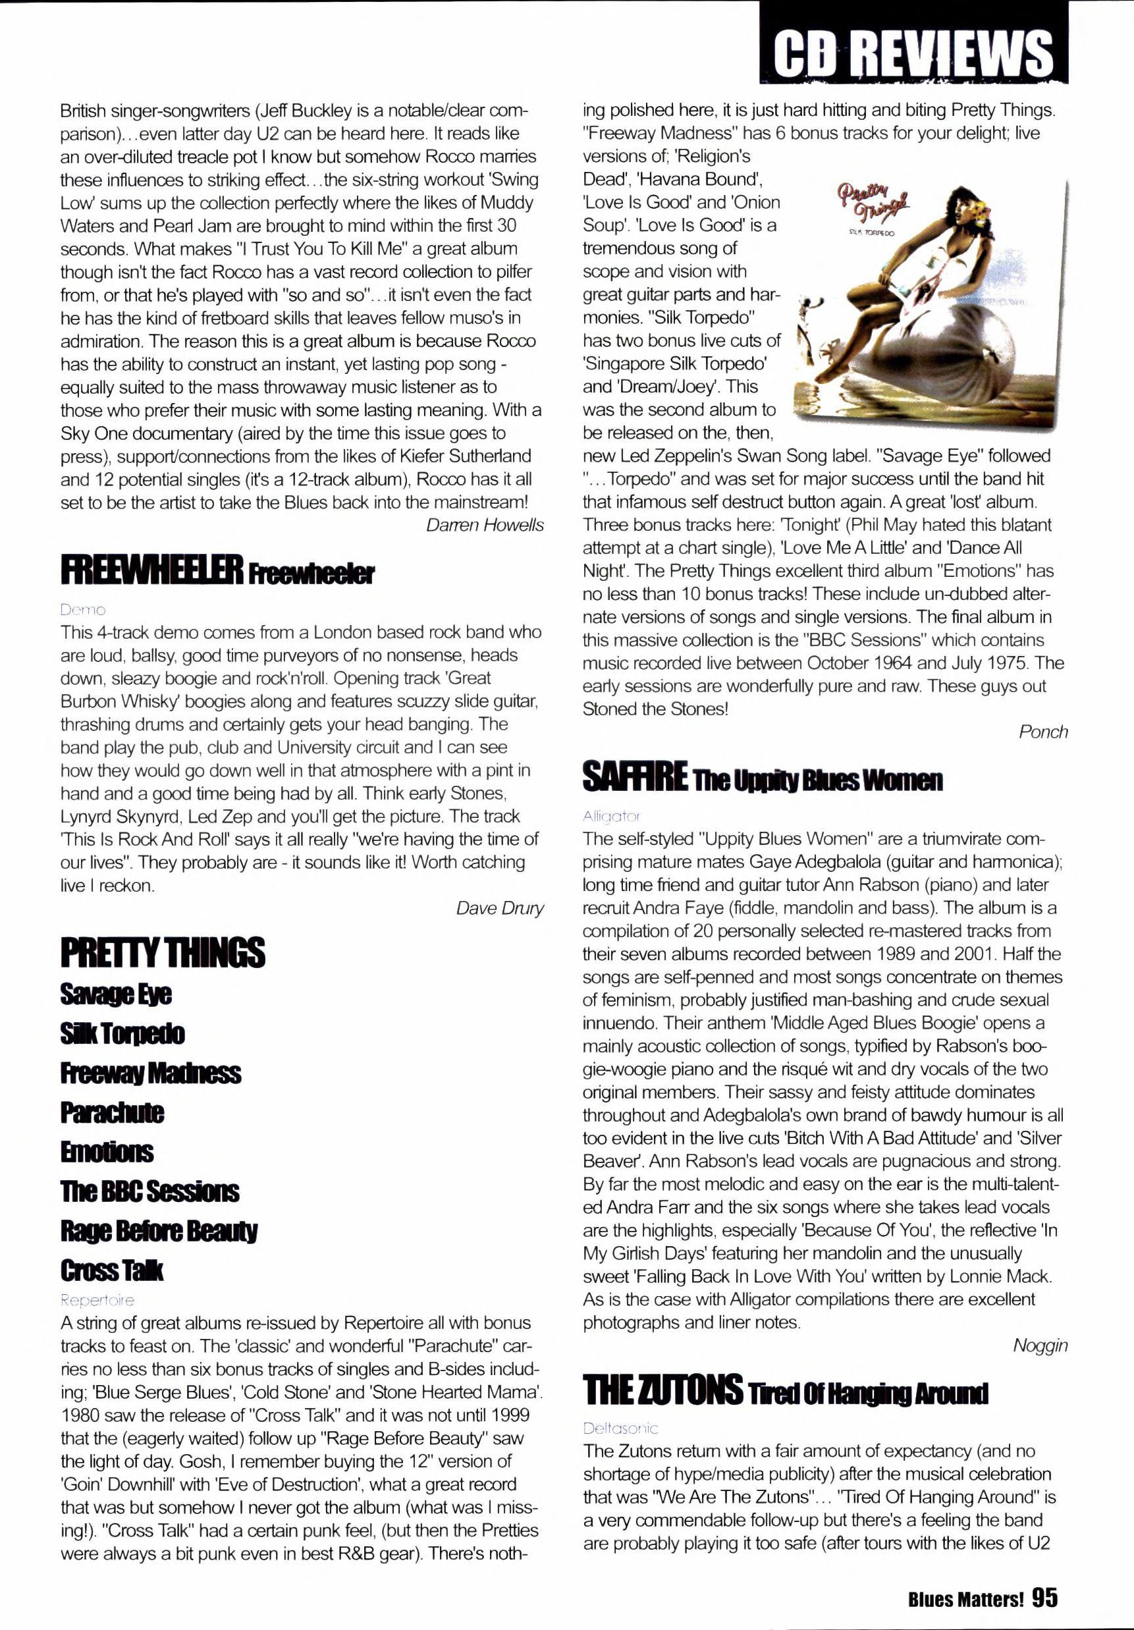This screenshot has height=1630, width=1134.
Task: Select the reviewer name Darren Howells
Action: pos(485,525)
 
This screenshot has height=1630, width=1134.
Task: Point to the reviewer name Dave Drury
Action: pos(500,908)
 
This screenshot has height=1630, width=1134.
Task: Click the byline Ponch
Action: pos(1042,731)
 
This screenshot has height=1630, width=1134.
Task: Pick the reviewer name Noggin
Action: pos(1040,1345)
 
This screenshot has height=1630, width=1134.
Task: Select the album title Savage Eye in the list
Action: pos(116,994)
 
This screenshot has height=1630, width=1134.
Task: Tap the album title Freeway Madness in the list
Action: pos(151,1073)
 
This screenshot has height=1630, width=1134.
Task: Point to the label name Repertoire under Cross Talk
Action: pos(97,1300)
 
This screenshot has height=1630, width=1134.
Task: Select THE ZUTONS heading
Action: pos(662,1390)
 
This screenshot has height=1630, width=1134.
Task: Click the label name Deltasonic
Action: pos(620,1428)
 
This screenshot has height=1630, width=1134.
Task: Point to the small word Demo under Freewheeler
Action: pos(83,610)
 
